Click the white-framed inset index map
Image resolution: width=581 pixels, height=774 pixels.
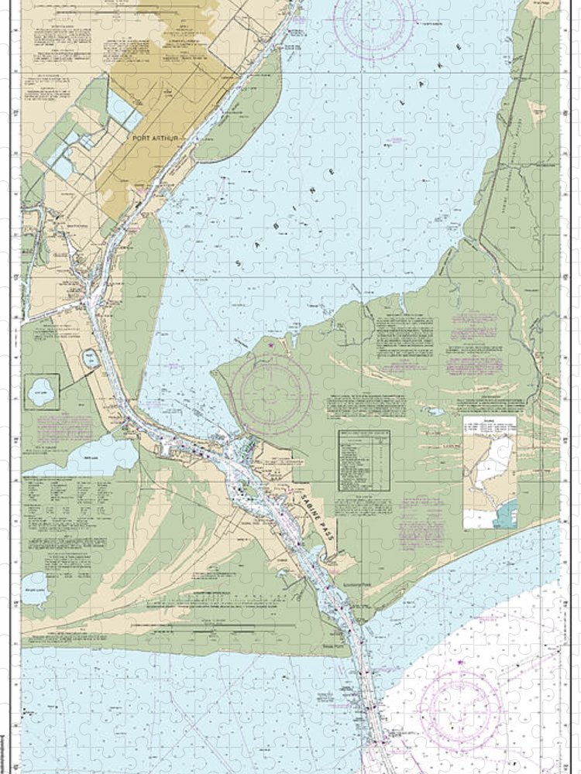(x=490, y=472)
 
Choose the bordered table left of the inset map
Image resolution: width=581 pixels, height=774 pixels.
(x=363, y=461)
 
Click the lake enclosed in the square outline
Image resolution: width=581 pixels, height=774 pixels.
(x=43, y=393)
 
